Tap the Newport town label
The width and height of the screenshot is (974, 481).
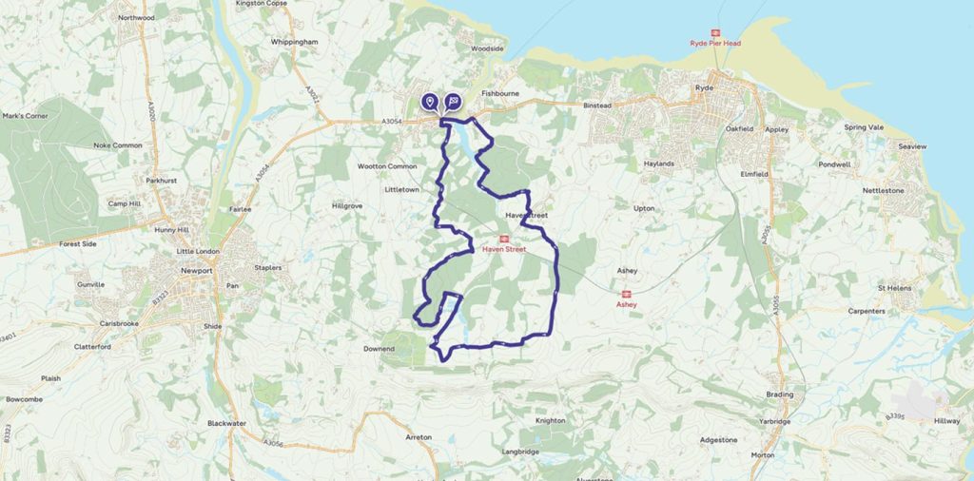tap(196, 270)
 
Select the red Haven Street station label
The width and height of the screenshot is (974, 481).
tap(504, 249)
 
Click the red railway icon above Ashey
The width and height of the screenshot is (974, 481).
tap(626, 294)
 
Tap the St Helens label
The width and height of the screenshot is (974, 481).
tap(895, 287)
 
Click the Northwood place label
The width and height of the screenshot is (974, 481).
tap(136, 17)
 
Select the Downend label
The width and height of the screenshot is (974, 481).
tap(379, 349)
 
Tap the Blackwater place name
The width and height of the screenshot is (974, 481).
tap(226, 423)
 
